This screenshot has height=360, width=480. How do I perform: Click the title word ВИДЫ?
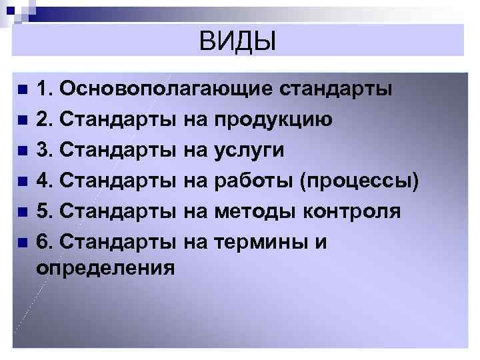point(237,42)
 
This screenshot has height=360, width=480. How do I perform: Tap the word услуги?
point(249,151)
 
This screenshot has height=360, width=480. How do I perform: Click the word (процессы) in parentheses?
point(360,181)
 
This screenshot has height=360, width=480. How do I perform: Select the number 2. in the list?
point(46,120)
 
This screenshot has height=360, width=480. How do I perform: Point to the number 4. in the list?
point(46,181)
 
